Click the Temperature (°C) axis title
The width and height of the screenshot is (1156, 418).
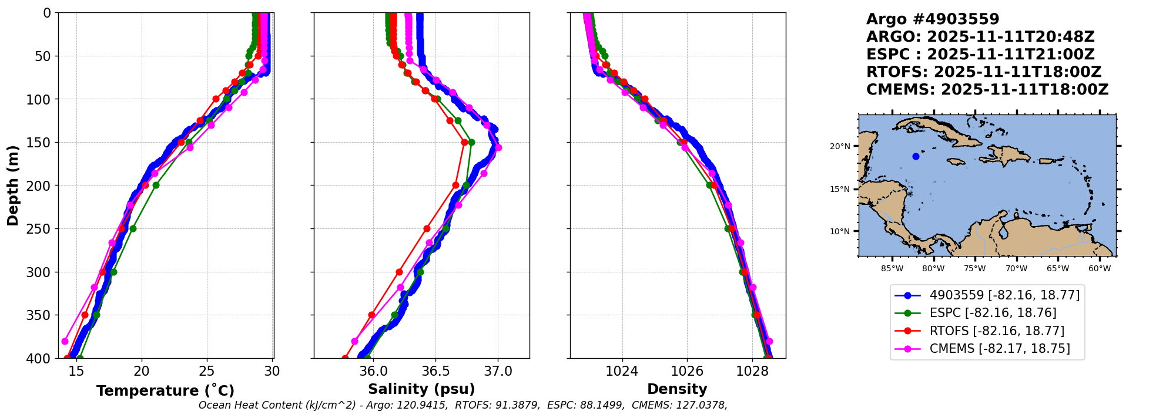[165, 390]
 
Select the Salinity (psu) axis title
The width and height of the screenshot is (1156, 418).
[421, 389]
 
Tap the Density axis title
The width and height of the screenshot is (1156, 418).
[677, 389]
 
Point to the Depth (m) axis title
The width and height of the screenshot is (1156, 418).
[13, 185]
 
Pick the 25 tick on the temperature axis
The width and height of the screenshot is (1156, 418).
[207, 371]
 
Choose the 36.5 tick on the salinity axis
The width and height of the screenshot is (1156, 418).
[435, 371]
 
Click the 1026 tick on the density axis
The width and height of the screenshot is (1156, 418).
[687, 371]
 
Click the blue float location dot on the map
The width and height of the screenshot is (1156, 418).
[916, 156]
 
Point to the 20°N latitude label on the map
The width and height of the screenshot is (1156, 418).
[839, 146]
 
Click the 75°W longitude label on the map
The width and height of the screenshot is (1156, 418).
[974, 269]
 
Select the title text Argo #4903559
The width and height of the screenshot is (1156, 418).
[933, 19]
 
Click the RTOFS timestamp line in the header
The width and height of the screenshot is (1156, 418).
[984, 72]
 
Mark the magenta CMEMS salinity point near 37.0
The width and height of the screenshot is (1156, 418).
[498, 148]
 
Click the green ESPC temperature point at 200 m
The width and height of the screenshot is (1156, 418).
[156, 185]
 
